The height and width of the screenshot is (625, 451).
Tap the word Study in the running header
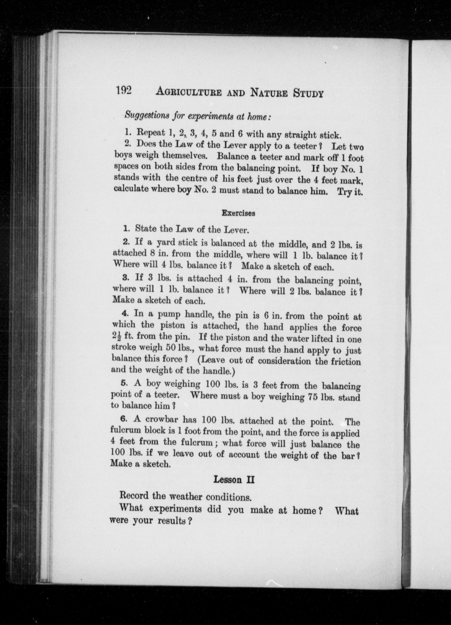tap(308, 93)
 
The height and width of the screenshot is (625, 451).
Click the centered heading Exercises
tap(238, 213)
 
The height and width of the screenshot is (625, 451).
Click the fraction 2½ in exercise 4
tap(117, 337)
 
